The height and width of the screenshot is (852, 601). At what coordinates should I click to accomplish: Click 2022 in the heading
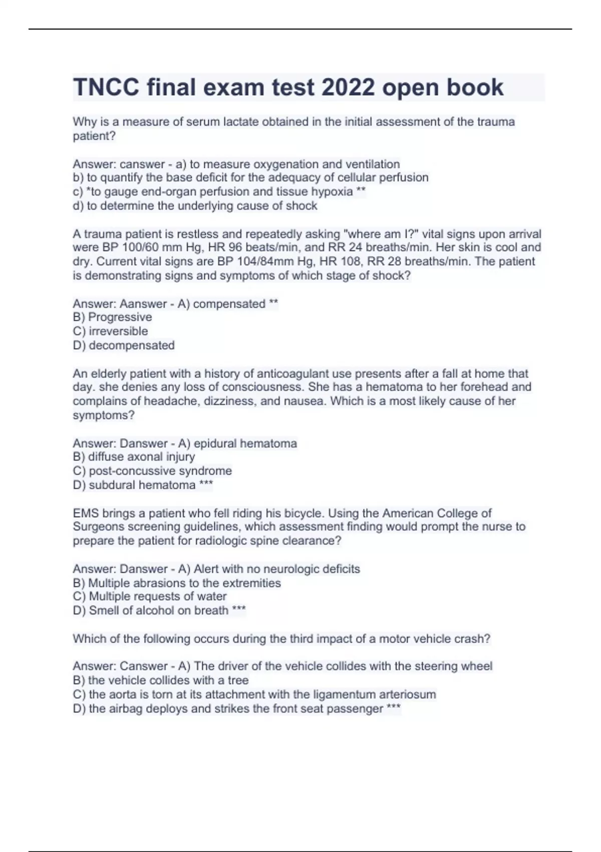[348, 88]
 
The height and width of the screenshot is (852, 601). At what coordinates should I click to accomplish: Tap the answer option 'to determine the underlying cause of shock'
[195, 206]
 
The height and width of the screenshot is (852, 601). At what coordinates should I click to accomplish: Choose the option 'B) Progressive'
[112, 317]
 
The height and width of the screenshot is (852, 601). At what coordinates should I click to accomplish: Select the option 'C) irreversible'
[110, 331]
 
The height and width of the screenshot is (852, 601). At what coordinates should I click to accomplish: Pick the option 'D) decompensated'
[124, 345]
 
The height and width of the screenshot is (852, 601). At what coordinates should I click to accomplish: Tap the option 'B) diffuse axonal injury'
[134, 457]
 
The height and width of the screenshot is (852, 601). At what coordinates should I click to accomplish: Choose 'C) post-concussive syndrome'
[152, 471]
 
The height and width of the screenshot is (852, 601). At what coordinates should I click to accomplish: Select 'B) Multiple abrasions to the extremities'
[177, 583]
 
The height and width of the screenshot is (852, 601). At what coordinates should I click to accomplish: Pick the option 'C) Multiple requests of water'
[150, 596]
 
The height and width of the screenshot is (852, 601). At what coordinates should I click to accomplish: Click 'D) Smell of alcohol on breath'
[151, 610]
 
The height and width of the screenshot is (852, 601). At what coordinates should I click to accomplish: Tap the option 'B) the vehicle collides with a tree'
[161, 680]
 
